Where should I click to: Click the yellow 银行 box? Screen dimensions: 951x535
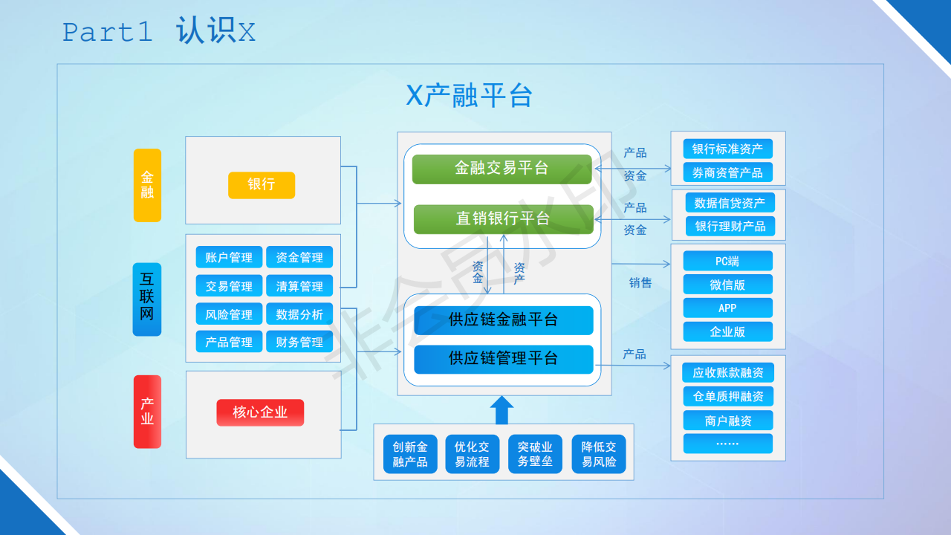click(262, 185)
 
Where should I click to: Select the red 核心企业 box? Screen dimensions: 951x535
click(260, 412)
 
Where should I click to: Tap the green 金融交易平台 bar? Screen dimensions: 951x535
click(502, 169)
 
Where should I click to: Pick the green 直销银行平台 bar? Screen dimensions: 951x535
click(504, 219)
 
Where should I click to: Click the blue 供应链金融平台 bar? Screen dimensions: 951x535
click(504, 320)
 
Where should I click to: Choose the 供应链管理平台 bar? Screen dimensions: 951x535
click(504, 359)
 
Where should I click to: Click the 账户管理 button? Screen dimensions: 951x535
click(229, 257)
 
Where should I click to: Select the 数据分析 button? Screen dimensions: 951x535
click(299, 314)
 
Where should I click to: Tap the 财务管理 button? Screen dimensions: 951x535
click(299, 342)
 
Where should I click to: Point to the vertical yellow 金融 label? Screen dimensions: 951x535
click(147, 185)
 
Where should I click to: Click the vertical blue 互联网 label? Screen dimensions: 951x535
click(147, 299)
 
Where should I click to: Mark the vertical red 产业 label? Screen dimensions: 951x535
click(147, 412)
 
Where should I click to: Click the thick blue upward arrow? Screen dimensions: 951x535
click(502, 410)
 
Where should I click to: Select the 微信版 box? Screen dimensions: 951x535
click(727, 285)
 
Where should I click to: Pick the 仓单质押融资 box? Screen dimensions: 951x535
click(727, 396)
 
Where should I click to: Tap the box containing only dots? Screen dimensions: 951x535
click(727, 444)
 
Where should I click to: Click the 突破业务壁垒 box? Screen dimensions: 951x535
click(535, 454)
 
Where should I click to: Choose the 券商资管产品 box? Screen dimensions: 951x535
click(727, 172)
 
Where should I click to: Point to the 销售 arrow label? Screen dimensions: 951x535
click(640, 283)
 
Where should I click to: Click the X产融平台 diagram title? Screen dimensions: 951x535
click(469, 95)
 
